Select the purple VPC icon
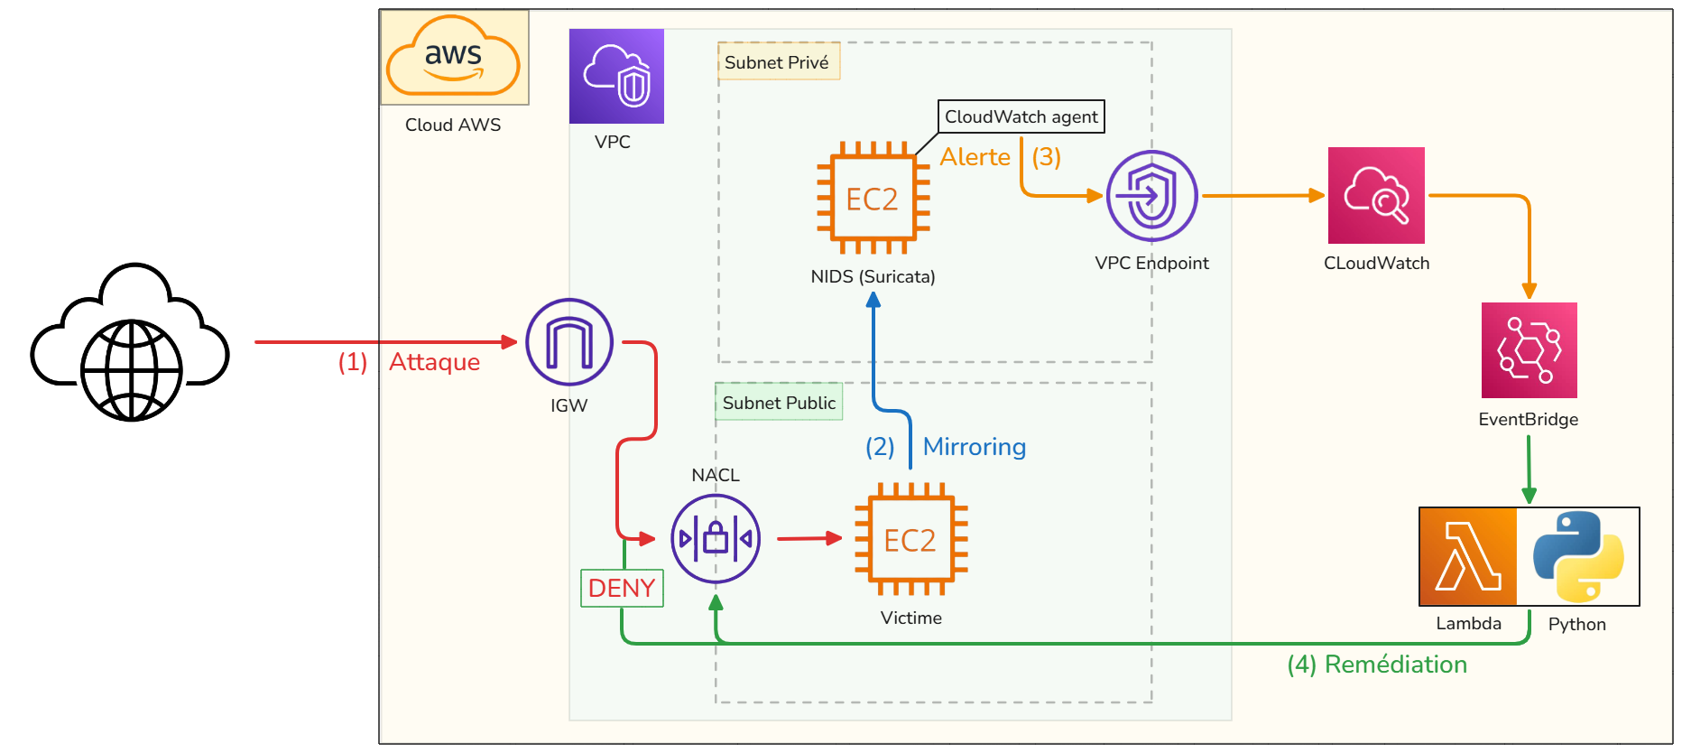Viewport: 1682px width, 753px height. (616, 76)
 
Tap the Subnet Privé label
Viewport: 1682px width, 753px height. (777, 62)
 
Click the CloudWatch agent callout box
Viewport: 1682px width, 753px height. (1021, 116)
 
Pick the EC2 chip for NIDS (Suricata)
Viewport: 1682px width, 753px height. (873, 198)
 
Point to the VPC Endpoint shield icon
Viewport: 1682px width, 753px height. (1151, 196)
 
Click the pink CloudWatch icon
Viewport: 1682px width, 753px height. (1376, 195)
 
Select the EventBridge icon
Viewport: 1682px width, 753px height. (1529, 350)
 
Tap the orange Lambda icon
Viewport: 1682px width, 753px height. (1468, 556)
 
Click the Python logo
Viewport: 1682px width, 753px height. (1578, 556)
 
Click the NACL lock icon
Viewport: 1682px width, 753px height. (716, 539)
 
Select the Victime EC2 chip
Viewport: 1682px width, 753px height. (910, 540)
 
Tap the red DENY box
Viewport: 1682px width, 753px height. (622, 588)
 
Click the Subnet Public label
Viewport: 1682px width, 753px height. (779, 403)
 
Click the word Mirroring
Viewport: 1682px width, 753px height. (974, 447)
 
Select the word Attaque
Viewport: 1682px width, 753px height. (434, 362)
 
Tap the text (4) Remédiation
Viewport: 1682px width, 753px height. (1376, 665)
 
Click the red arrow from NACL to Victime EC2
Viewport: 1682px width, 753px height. (809, 539)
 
